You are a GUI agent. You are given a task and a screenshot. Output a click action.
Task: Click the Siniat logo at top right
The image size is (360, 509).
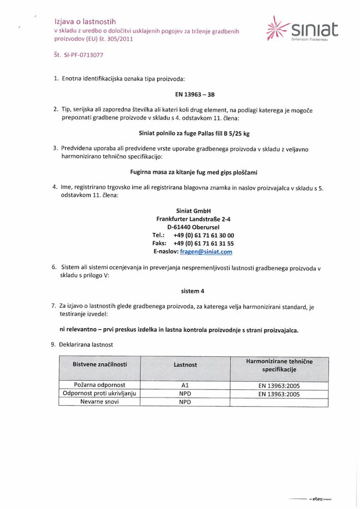click(x=302, y=29)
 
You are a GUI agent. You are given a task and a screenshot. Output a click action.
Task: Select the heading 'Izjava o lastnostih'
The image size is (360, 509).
click(x=86, y=21)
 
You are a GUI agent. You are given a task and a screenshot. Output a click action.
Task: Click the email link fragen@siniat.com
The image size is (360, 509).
click(x=207, y=251)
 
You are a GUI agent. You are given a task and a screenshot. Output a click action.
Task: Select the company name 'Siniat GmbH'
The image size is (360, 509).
click(x=193, y=211)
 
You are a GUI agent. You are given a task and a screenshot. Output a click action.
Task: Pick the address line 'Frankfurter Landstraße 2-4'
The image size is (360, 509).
click(x=193, y=219)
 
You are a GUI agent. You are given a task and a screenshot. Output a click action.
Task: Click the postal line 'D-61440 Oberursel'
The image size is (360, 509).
click(x=193, y=227)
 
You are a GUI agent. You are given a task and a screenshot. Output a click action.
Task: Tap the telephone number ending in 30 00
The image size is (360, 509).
click(x=204, y=235)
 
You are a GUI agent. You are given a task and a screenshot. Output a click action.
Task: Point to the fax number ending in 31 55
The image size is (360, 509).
click(x=204, y=243)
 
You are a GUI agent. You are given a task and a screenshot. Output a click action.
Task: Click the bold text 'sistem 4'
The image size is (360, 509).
click(x=193, y=291)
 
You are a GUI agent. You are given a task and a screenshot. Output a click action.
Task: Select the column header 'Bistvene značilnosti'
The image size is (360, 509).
click(x=100, y=364)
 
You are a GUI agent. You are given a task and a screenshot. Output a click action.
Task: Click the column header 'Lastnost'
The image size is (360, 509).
click(x=185, y=365)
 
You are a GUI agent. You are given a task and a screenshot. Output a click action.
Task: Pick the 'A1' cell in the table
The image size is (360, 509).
click(x=185, y=385)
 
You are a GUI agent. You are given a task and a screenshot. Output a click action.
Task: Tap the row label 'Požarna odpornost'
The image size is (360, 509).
click(x=100, y=385)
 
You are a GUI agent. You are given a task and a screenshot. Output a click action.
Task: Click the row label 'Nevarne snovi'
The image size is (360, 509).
click(x=100, y=402)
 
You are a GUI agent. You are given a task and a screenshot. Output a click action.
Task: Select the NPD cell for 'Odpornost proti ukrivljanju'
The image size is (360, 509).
click(x=185, y=393)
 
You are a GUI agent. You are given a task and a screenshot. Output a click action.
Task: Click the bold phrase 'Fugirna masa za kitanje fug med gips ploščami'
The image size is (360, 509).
click(x=193, y=172)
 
